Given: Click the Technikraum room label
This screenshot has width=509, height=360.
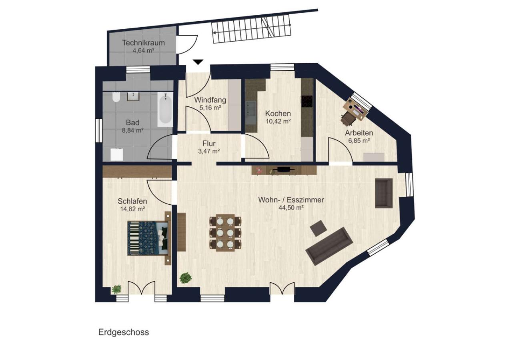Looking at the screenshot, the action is click(143, 42).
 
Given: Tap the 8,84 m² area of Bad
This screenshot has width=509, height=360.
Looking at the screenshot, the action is click(132, 130).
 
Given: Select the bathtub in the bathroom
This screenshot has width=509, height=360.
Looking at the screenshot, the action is click(165, 110).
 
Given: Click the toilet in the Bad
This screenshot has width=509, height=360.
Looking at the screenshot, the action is click(116, 97).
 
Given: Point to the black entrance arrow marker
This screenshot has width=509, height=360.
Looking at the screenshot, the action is click(198, 62).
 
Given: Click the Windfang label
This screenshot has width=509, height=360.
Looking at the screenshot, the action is click(210, 100).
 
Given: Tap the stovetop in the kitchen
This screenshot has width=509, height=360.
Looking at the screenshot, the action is click(307, 101).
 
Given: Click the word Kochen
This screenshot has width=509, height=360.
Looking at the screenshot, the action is click(278, 113).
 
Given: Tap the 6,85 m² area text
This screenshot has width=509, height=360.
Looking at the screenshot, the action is click(359, 140).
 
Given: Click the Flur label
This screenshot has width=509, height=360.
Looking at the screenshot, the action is click(209, 144).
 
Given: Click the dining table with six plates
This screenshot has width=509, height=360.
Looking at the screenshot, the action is click(225, 232).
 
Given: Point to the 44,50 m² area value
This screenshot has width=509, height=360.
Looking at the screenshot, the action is click(291, 208).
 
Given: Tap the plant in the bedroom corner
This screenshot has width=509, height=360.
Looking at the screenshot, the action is click(116, 289).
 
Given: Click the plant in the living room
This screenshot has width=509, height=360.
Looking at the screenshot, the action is click(186, 278).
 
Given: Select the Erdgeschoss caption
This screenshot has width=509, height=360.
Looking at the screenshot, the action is click(124, 332).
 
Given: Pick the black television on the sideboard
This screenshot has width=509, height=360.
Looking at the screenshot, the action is click(284, 169).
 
